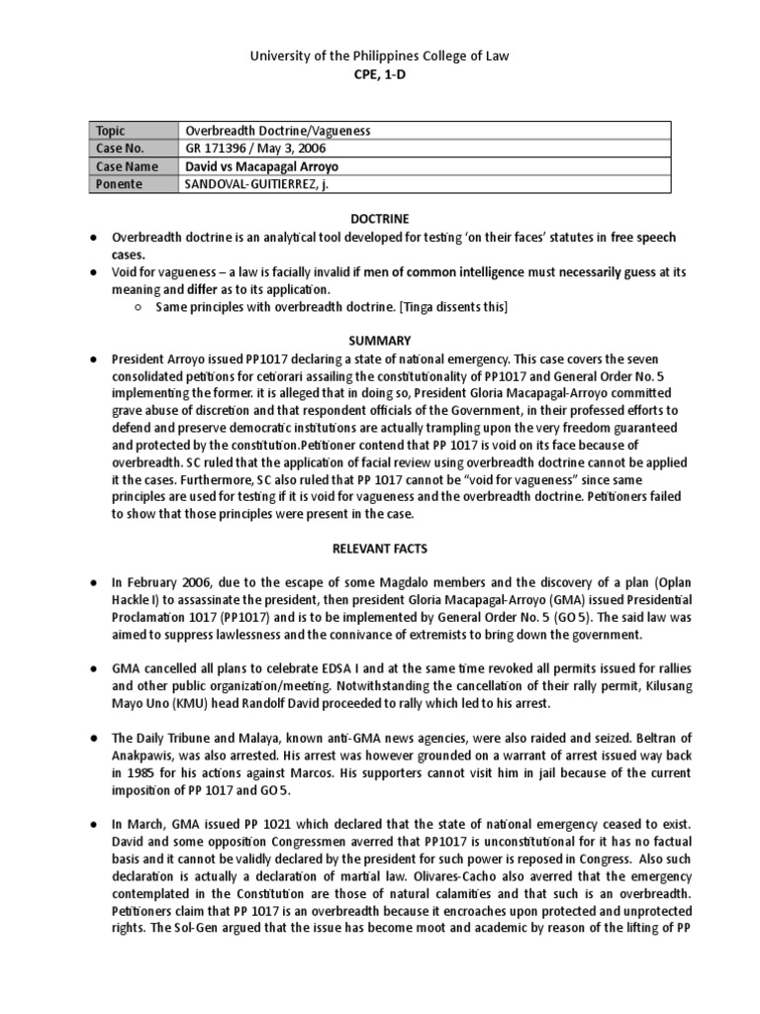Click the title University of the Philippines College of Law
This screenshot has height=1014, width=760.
pos(379,56)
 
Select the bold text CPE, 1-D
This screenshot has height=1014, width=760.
pos(379,75)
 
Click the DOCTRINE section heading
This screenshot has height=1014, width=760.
pos(379,218)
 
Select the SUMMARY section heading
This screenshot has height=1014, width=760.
pos(379,339)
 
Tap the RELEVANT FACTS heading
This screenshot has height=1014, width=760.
pos(379,547)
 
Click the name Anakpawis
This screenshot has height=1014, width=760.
pos(144,759)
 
